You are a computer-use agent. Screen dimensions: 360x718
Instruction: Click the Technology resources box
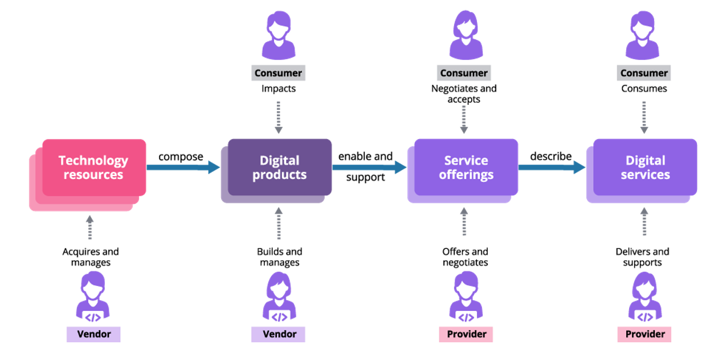click(93, 168)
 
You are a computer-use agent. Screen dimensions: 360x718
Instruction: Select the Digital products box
click(279, 168)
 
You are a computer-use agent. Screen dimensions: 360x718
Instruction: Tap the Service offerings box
click(466, 168)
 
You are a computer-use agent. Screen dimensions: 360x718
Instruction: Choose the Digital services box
click(646, 168)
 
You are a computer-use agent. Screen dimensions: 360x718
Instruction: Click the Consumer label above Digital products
click(278, 73)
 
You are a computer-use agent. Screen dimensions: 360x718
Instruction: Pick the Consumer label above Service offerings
click(464, 73)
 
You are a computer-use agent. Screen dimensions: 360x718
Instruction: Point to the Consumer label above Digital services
click(644, 73)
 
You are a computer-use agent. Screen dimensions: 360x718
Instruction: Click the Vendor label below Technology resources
click(93, 334)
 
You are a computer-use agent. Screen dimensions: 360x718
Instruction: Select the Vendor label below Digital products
click(279, 334)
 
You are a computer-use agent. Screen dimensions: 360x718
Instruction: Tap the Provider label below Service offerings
click(466, 334)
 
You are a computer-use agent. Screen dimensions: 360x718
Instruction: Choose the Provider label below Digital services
click(645, 334)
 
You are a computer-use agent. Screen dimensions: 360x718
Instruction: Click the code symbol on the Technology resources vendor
click(93, 317)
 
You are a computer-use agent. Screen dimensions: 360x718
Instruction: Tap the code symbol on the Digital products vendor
click(279, 317)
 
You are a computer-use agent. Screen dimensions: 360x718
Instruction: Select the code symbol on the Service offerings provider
click(466, 317)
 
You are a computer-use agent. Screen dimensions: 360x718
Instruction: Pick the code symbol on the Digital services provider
click(645, 317)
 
